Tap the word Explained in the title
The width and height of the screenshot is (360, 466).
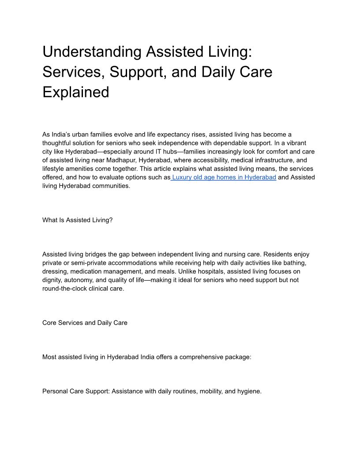coord(75,92)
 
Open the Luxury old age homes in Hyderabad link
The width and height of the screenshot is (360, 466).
coord(224,177)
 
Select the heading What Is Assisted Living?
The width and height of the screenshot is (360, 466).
coord(77,220)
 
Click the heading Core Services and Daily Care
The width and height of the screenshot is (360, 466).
coord(85,323)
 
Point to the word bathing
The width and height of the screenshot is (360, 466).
coord(296,263)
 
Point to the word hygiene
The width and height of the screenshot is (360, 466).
coord(249,391)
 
